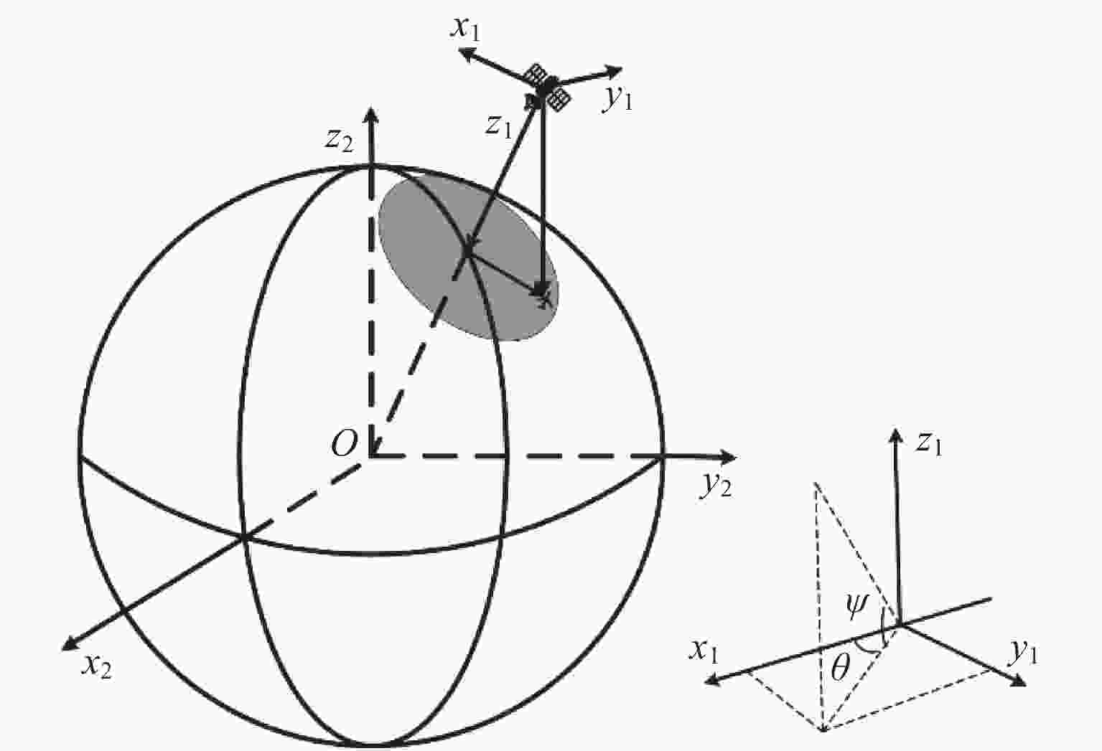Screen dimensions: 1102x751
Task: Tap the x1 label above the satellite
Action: tap(465, 29)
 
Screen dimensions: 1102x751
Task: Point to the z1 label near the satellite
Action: tap(498, 126)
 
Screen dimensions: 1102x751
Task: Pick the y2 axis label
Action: tap(716, 486)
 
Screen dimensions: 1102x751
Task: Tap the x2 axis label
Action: tap(98, 668)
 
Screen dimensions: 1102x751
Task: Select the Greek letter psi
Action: tap(858, 606)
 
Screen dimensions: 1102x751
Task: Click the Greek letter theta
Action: tap(840, 668)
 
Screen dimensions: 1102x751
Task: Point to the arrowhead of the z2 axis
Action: tap(371, 114)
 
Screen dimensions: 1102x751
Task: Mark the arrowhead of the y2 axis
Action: tap(728, 457)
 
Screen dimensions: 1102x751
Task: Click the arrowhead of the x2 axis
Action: tap(70, 644)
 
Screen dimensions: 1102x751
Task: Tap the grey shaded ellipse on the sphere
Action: tap(468, 258)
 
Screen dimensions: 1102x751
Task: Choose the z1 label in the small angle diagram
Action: tap(929, 444)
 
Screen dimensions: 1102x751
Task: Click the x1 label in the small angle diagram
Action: tap(704, 651)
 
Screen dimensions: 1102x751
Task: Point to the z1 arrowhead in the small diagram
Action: tap(896, 436)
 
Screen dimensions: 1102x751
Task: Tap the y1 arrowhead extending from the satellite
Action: tap(614, 72)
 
